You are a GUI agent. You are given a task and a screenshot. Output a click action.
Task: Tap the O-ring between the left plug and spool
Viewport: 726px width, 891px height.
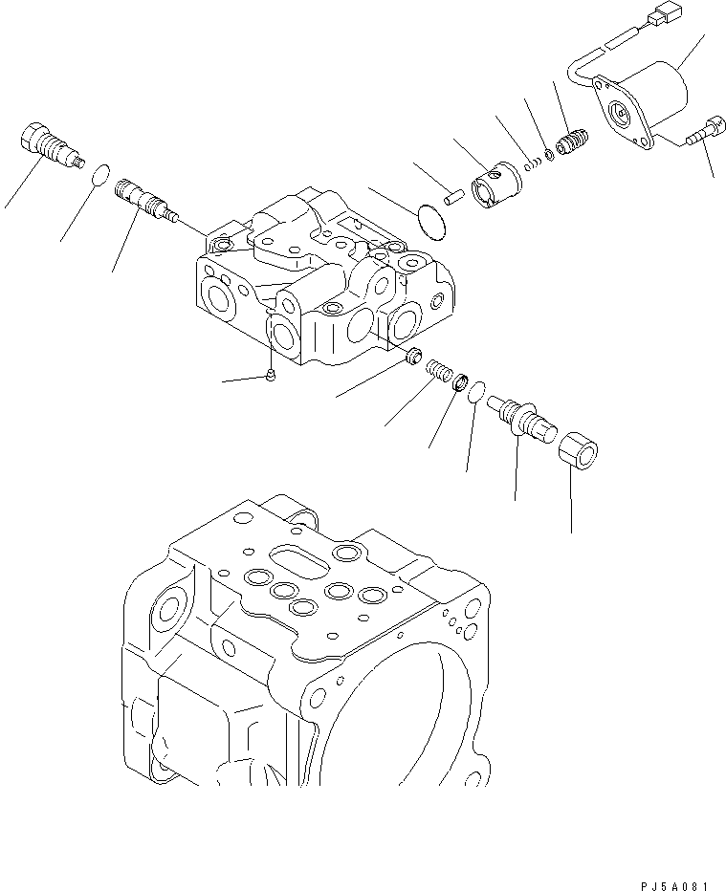click(x=95, y=175)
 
